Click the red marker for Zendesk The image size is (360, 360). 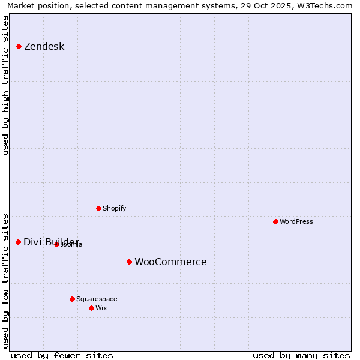[x=19, y=46]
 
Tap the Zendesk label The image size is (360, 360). [x=44, y=47]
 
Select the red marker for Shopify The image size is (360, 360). [x=98, y=208]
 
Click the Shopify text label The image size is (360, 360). [x=114, y=208]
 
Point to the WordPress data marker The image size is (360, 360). [x=275, y=221]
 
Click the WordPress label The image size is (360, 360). [x=296, y=221]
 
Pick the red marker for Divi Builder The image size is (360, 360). [x=18, y=242]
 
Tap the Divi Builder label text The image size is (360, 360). [x=51, y=242]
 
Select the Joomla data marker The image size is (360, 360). [x=56, y=244]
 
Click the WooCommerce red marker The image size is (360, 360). [x=129, y=262]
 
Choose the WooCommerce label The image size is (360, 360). [x=170, y=262]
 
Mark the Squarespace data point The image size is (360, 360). [x=72, y=299]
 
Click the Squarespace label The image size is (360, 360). [x=97, y=299]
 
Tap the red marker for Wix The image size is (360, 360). [x=91, y=308]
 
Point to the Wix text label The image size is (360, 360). [x=101, y=308]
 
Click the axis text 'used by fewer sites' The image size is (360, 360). [x=62, y=355]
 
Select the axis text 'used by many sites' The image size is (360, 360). [x=301, y=355]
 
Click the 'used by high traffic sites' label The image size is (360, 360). [x=5, y=85]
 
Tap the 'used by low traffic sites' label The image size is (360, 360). [x=5, y=280]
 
